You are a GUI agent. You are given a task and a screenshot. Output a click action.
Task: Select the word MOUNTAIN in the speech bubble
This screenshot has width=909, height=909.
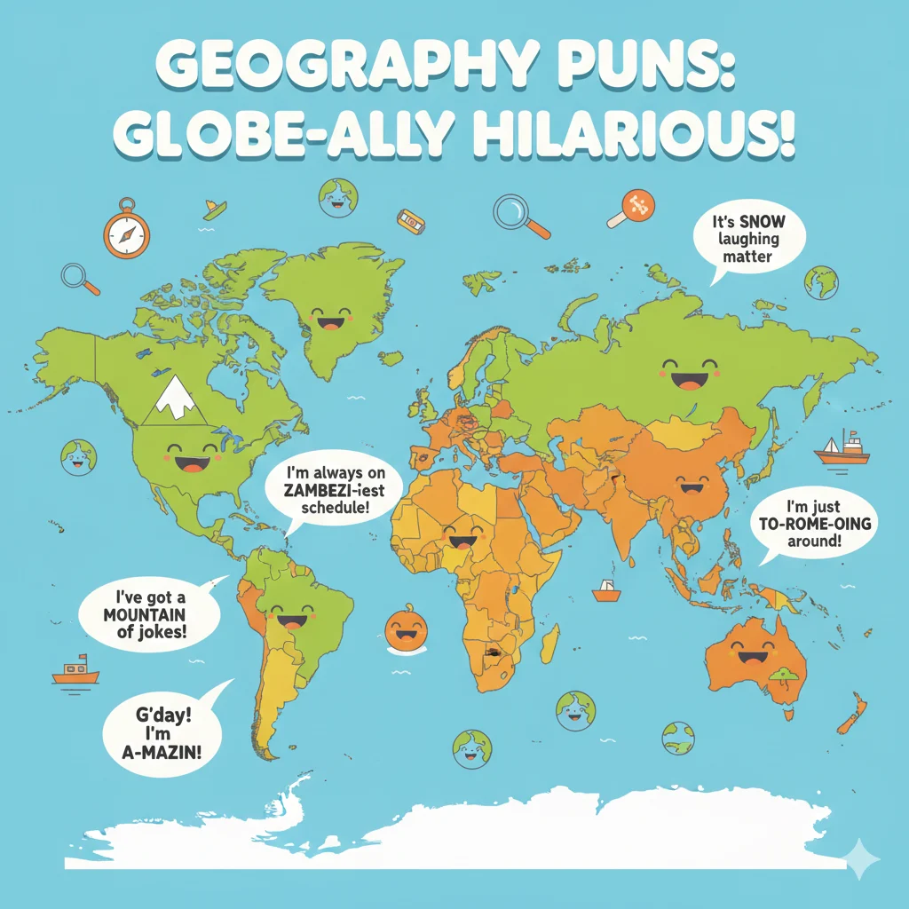[x=144, y=613]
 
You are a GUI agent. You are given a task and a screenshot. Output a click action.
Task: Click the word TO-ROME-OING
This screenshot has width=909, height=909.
[x=810, y=524]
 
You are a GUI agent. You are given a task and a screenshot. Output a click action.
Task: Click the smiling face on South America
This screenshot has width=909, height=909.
[x=289, y=615]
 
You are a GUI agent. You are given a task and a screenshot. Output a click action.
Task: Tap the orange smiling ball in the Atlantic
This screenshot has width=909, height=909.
[x=405, y=629]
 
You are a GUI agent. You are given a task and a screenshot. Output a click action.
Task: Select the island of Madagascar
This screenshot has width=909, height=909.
[x=549, y=642]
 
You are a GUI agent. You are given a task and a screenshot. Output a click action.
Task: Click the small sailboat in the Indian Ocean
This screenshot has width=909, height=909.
[x=607, y=590]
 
